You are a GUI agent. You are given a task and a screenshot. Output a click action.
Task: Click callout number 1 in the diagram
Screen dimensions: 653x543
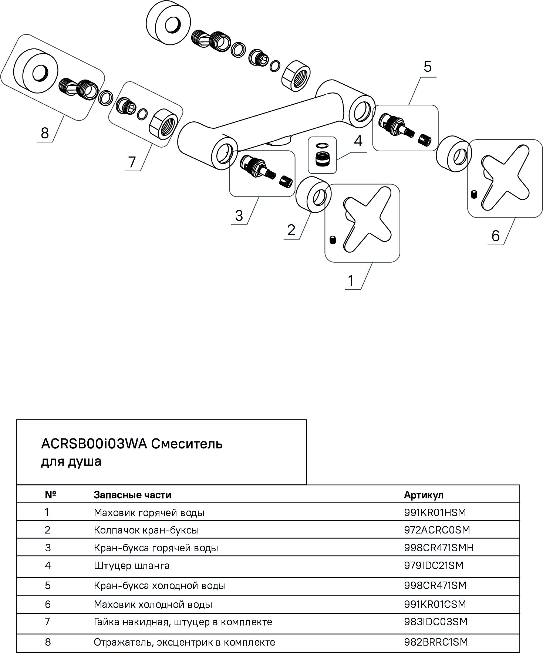coord(350,281)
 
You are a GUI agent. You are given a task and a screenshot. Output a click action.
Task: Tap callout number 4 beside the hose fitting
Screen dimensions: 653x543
coord(358,141)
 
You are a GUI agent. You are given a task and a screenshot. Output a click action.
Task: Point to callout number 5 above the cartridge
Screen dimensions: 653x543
coord(427,67)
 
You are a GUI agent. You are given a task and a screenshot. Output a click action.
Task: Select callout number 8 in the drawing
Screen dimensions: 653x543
coord(45,133)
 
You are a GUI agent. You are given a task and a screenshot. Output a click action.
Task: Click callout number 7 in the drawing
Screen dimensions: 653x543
coord(132,162)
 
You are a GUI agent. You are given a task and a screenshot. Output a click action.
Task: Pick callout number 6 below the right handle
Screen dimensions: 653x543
coord(496,235)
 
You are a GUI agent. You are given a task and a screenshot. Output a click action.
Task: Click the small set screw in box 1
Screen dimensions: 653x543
coord(332,240)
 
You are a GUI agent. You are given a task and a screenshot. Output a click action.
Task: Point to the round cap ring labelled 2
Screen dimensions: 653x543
coord(314,195)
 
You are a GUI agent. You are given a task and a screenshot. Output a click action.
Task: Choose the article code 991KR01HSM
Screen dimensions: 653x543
coord(435,512)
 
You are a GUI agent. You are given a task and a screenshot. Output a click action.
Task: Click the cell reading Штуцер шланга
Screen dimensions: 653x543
coord(132,566)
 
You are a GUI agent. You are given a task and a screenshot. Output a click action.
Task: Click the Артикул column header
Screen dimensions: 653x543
coord(424,495)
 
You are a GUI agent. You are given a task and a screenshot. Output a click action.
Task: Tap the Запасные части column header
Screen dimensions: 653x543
coord(132,495)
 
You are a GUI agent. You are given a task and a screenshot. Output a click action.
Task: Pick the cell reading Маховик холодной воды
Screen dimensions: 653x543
coord(153,605)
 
